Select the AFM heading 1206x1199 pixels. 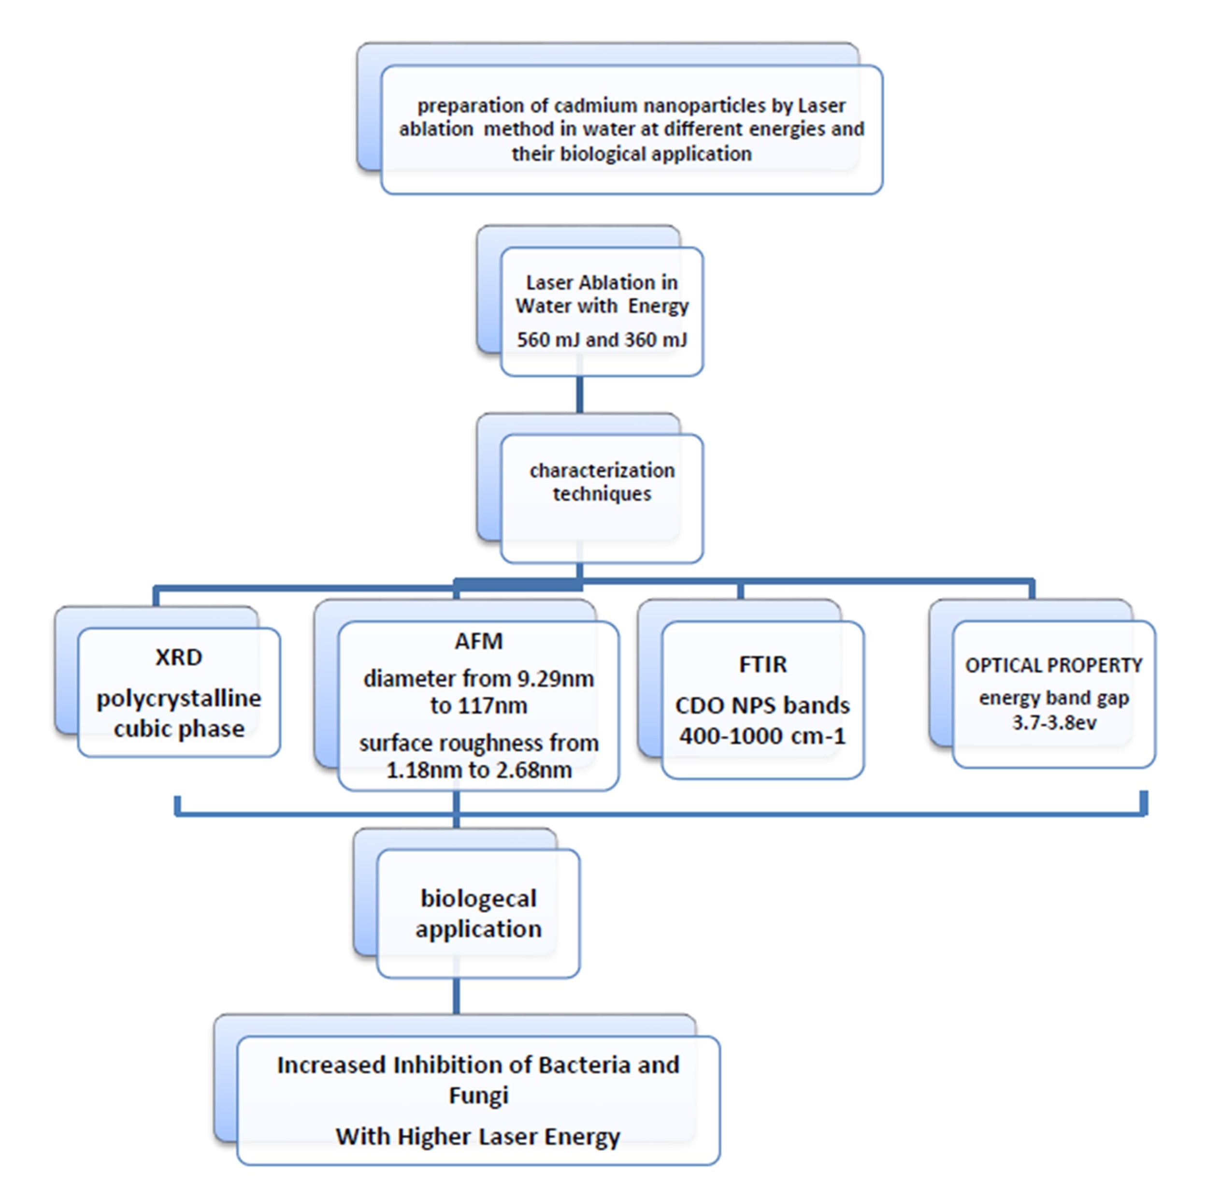pos(478,642)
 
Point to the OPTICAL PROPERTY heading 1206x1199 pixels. pos(1054,666)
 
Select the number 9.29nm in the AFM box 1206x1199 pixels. pos(555,679)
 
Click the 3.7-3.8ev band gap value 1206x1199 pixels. pos(1054,723)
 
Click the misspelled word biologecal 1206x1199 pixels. pos(478,899)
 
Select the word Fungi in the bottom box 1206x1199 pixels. pos(478,1096)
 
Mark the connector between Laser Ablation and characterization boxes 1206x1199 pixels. pos(580,395)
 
